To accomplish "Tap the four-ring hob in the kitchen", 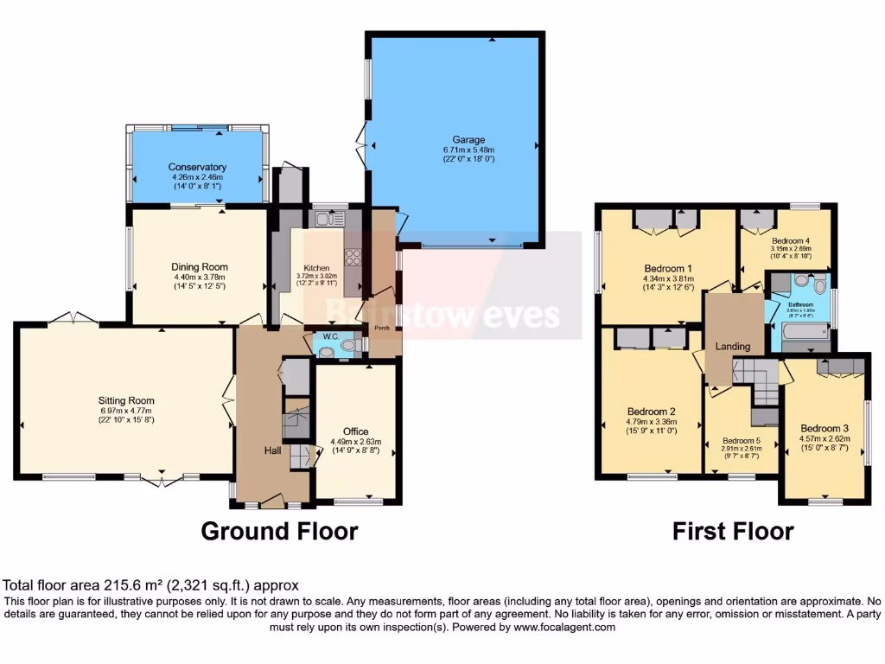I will (353, 256).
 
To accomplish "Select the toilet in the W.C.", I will (348, 346).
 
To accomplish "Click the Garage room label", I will (469, 139).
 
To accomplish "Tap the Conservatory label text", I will (197, 167).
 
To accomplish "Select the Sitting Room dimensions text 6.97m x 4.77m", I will (126, 410).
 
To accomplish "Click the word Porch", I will (381, 329).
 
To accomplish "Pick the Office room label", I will (355, 431).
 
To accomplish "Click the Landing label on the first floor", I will (733, 346).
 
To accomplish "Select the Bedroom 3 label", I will (825, 428).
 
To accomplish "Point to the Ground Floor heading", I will (279, 530).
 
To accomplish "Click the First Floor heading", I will (733, 530).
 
